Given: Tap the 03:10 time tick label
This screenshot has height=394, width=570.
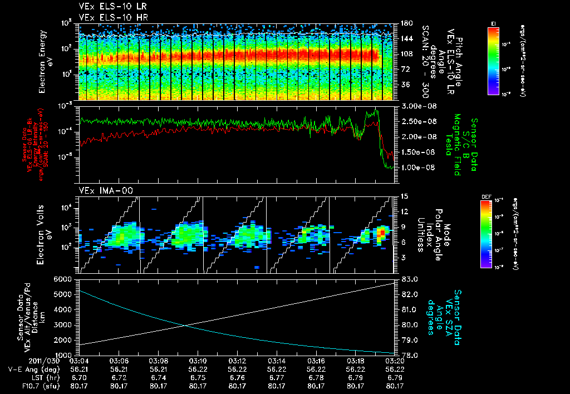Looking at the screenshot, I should pos(198,361).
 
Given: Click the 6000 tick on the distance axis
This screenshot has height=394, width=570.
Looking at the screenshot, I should pos(65,279).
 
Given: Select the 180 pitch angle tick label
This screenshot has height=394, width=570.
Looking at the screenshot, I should pos(406,23).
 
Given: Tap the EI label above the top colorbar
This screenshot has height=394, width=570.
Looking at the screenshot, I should pos(493,23).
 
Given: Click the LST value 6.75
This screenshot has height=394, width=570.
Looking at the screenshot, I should pos(198,377).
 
